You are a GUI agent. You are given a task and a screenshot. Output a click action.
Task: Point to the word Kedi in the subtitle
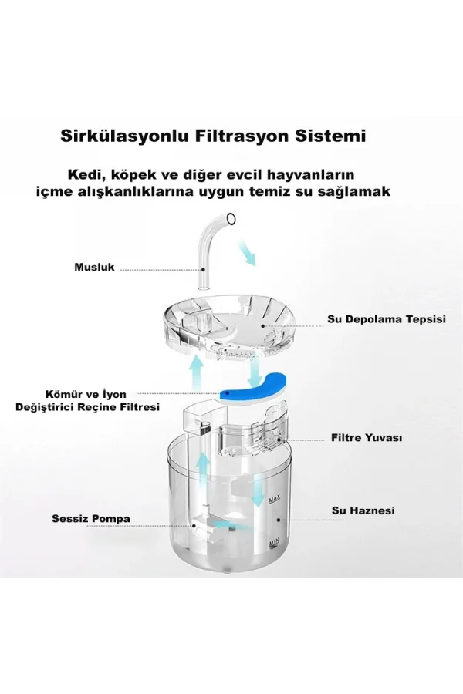[84, 175]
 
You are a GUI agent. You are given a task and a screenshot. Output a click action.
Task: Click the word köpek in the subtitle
[130, 175]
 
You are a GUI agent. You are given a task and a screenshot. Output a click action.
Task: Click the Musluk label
[94, 268]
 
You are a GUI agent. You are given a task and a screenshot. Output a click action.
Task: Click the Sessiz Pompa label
[91, 518]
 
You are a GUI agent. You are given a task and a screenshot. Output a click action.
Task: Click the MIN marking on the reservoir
[273, 542]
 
